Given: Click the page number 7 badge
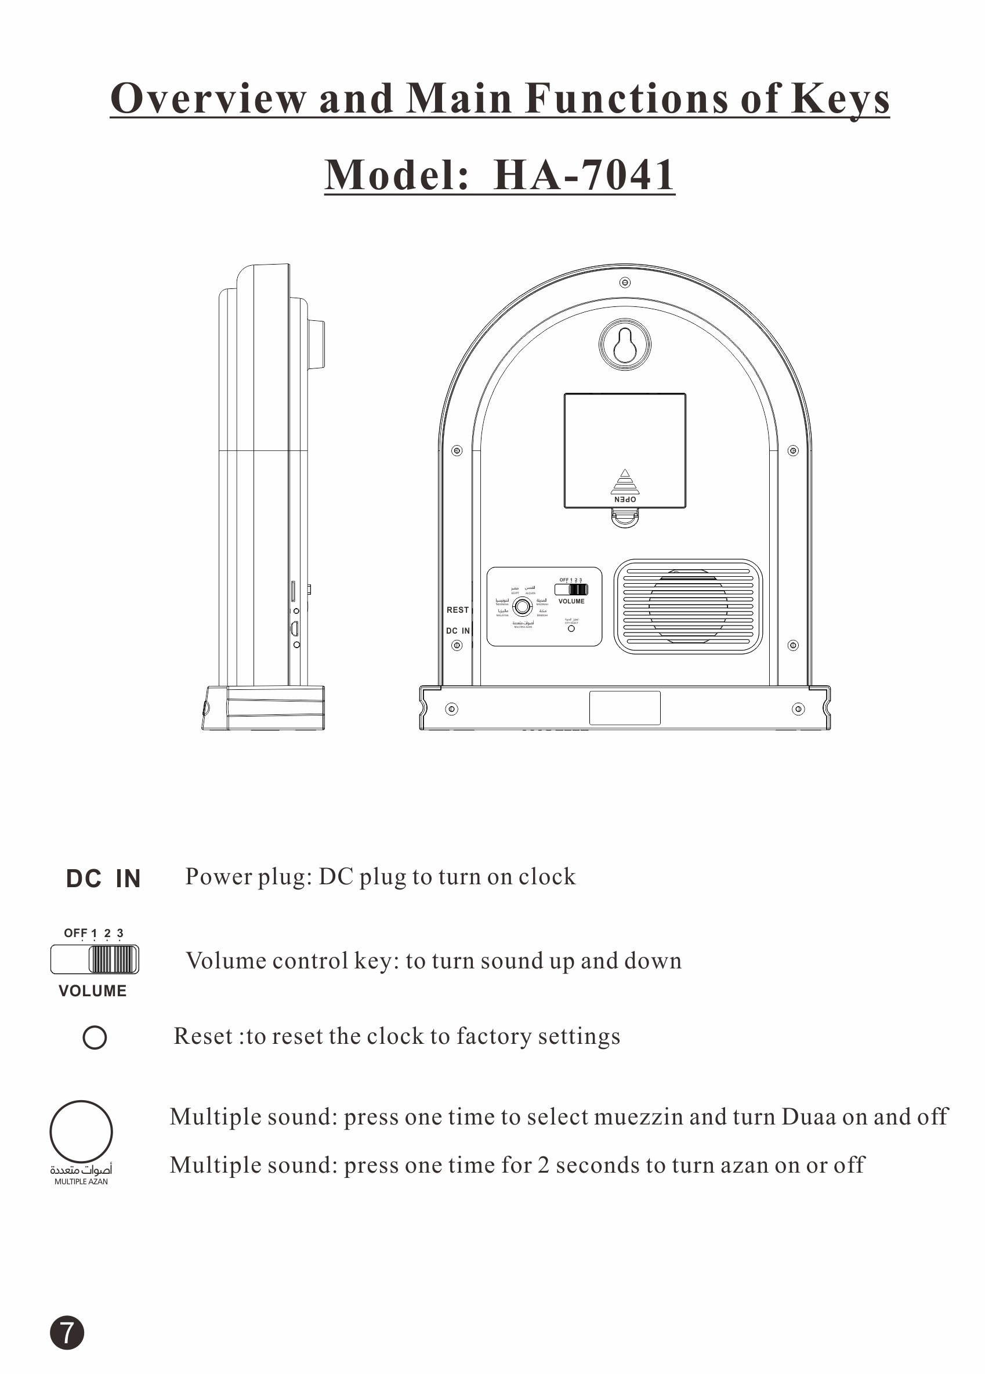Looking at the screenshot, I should pyautogui.click(x=67, y=1332).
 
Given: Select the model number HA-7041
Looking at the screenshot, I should pyautogui.click(x=584, y=175).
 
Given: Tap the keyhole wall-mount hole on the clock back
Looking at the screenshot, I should pyautogui.click(x=625, y=343).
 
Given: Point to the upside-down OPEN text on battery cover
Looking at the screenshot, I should pyautogui.click(x=625, y=499).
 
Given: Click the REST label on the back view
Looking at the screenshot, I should pyautogui.click(x=457, y=609).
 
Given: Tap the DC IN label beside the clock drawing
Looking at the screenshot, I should pyautogui.click(x=457, y=631).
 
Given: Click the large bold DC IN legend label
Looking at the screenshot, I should pyautogui.click(x=103, y=878).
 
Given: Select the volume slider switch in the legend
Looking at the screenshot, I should pyautogui.click(x=95, y=959).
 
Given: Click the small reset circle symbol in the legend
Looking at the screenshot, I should pyautogui.click(x=95, y=1036).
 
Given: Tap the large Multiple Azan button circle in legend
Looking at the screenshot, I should pyautogui.click(x=81, y=1131).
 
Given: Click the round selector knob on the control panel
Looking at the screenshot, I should pyautogui.click(x=522, y=606).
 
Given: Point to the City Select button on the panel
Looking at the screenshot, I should pyautogui.click(x=571, y=629).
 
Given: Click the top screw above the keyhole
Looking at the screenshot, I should pyautogui.click(x=625, y=283).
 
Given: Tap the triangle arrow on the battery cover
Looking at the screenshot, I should pyautogui.click(x=625, y=473).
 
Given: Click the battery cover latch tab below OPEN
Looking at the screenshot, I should pyautogui.click(x=625, y=518).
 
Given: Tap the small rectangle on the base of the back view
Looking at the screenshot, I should pyautogui.click(x=625, y=707).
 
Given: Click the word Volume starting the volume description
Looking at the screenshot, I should pyautogui.click(x=224, y=961).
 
